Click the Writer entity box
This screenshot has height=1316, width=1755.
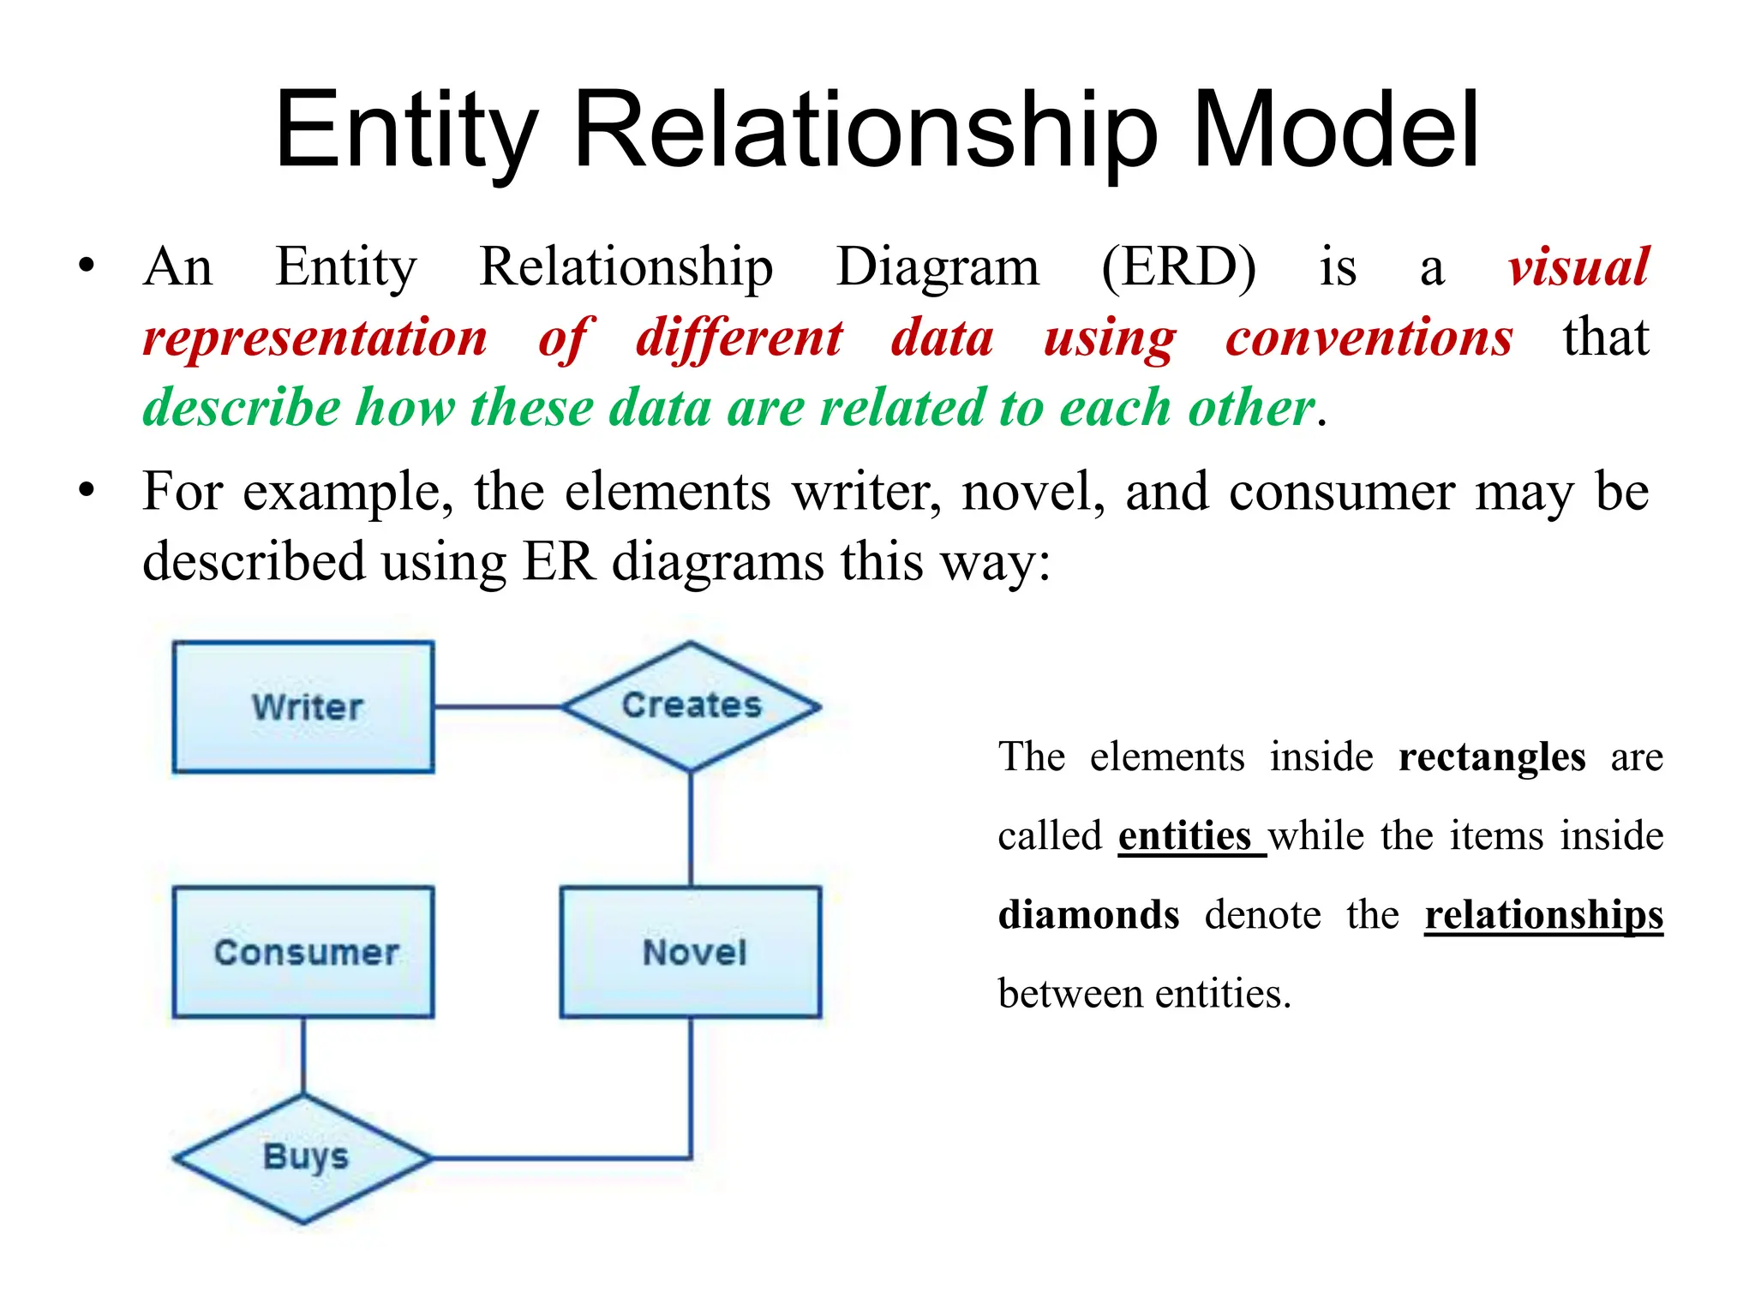coord(303,708)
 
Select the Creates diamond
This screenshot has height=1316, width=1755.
coord(691,706)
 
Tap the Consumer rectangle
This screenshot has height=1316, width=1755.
coord(303,952)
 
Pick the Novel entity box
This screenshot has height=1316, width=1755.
coord(691,952)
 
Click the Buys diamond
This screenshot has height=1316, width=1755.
coord(303,1157)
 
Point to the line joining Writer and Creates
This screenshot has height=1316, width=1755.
coord(497,707)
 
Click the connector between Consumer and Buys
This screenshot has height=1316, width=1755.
coord(303,1056)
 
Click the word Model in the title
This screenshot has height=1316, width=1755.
coord(1335,130)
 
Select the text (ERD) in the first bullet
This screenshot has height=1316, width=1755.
coord(1178,267)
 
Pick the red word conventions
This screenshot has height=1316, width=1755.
coord(1369,338)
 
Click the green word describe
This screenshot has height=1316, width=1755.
coord(242,407)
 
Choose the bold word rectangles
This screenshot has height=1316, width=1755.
coord(1492,757)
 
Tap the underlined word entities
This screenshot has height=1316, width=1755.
coord(1184,836)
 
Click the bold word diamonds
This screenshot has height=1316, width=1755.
coord(1088,915)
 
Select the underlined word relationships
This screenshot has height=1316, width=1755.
coord(1543,915)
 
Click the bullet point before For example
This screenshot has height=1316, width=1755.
coord(86,491)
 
